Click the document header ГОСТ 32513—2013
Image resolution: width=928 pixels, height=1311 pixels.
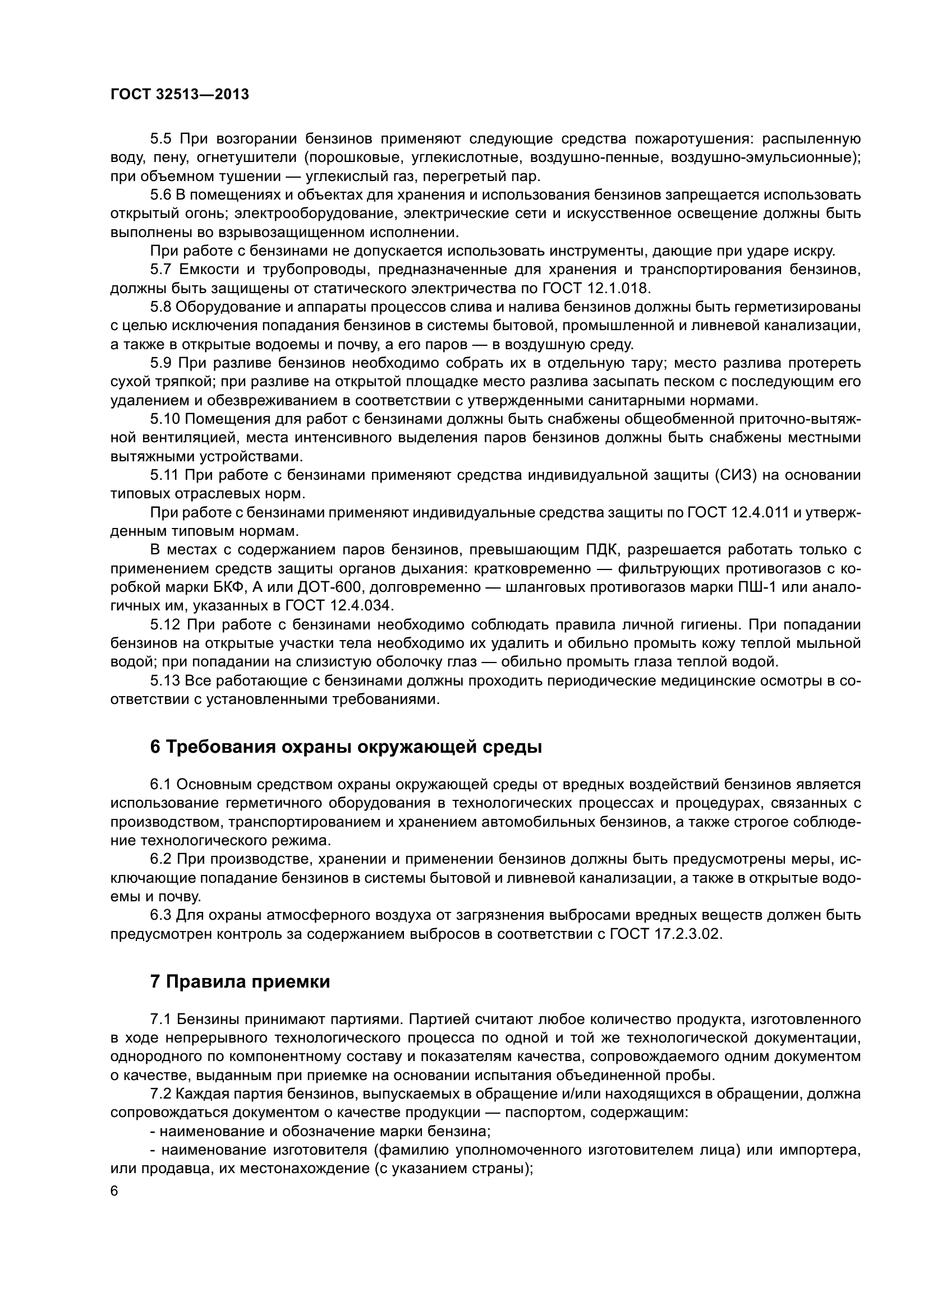pyautogui.click(x=180, y=95)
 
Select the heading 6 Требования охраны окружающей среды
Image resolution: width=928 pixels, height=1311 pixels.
pyautogui.click(x=346, y=747)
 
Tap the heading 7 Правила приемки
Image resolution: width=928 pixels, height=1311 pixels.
pyautogui.click(x=240, y=981)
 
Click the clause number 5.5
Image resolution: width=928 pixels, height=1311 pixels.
pyautogui.click(x=162, y=139)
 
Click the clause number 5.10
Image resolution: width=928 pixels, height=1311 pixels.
pyautogui.click(x=165, y=419)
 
